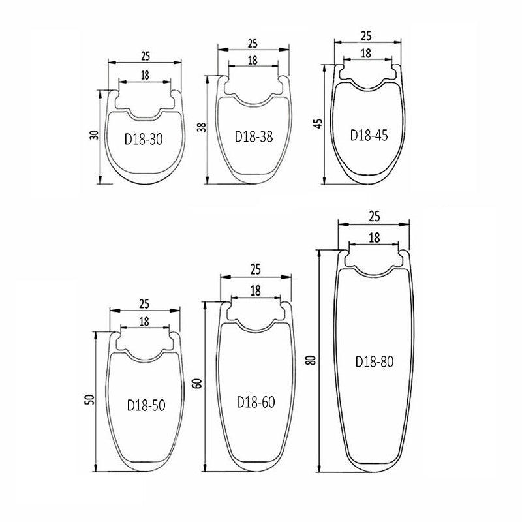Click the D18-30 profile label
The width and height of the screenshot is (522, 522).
tap(144, 139)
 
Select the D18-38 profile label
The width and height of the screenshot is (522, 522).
tap(254, 136)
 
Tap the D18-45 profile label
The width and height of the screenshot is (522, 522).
tap(369, 135)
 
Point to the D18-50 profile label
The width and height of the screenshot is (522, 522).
tap(146, 405)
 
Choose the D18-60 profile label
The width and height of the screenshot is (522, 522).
tap(256, 402)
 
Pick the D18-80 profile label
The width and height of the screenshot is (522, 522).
tap(375, 361)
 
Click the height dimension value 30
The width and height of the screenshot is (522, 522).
tap(95, 135)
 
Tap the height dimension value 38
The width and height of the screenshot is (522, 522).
tap(202, 127)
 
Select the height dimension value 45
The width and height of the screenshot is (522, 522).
tap(318, 123)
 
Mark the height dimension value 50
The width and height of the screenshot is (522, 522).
tap(89, 399)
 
